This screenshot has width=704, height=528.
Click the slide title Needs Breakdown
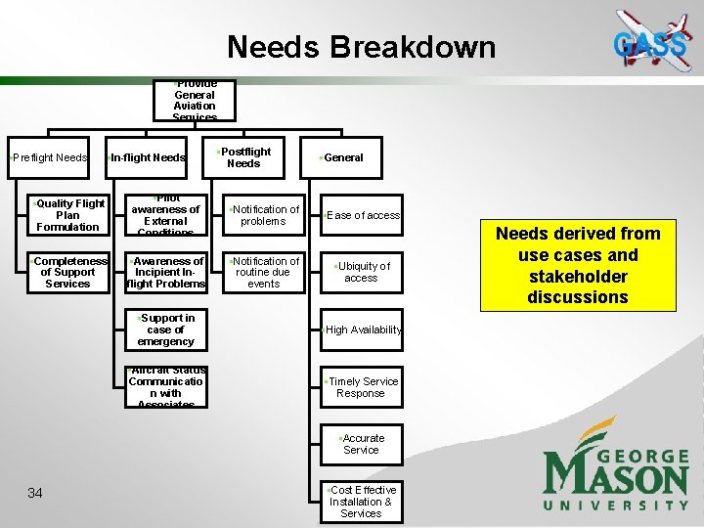pyautogui.click(x=361, y=47)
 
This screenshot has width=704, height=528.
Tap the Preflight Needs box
pyautogui.click(x=48, y=157)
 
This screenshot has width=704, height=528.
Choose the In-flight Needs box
pyautogui.click(x=147, y=157)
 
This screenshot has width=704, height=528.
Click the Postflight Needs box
pyautogui.click(x=243, y=157)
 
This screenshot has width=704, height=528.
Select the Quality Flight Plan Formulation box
pyautogui.click(x=67, y=215)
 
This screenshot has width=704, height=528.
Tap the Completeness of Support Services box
pyautogui.click(x=67, y=272)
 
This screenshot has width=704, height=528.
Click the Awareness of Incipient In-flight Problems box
pyautogui.click(x=166, y=272)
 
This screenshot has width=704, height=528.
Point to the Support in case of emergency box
pyautogui.click(x=166, y=330)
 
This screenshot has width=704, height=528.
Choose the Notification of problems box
pyautogui.click(x=263, y=215)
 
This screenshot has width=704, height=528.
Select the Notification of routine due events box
pyautogui.click(x=263, y=272)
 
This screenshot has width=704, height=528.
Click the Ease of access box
pyautogui.click(x=362, y=215)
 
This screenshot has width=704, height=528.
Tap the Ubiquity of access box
pyautogui.click(x=362, y=272)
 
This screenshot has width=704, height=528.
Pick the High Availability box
pyautogui.click(x=362, y=330)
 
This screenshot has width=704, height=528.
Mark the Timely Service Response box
pyautogui.click(x=362, y=387)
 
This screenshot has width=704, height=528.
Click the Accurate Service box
pyautogui.click(x=362, y=444)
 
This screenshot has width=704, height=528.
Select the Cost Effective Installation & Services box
pyautogui.click(x=362, y=501)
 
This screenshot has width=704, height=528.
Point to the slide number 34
pyautogui.click(x=35, y=493)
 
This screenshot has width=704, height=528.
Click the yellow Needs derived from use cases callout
pyautogui.click(x=578, y=265)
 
